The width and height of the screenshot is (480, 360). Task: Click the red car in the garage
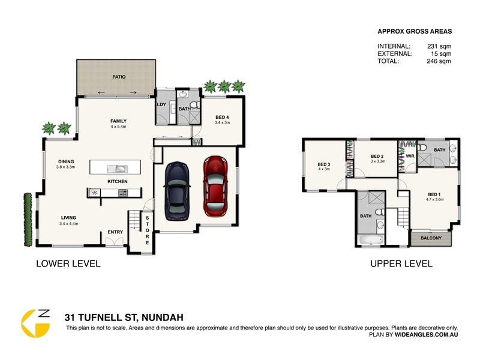215,186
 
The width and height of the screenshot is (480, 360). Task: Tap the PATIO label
118,77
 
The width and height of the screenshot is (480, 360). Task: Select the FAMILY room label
118,121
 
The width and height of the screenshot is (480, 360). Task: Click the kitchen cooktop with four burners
123,193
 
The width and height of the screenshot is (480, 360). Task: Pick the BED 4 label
222,117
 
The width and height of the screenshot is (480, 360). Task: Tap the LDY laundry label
161,104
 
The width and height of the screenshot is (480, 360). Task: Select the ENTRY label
115,232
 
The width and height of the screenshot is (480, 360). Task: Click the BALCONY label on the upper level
431,238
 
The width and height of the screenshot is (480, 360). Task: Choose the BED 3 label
324,164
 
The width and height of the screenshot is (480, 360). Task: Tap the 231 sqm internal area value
439,46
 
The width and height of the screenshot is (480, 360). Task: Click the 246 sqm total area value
439,61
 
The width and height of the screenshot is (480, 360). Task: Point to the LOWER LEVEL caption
68,263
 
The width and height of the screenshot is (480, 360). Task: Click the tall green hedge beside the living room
26,219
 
